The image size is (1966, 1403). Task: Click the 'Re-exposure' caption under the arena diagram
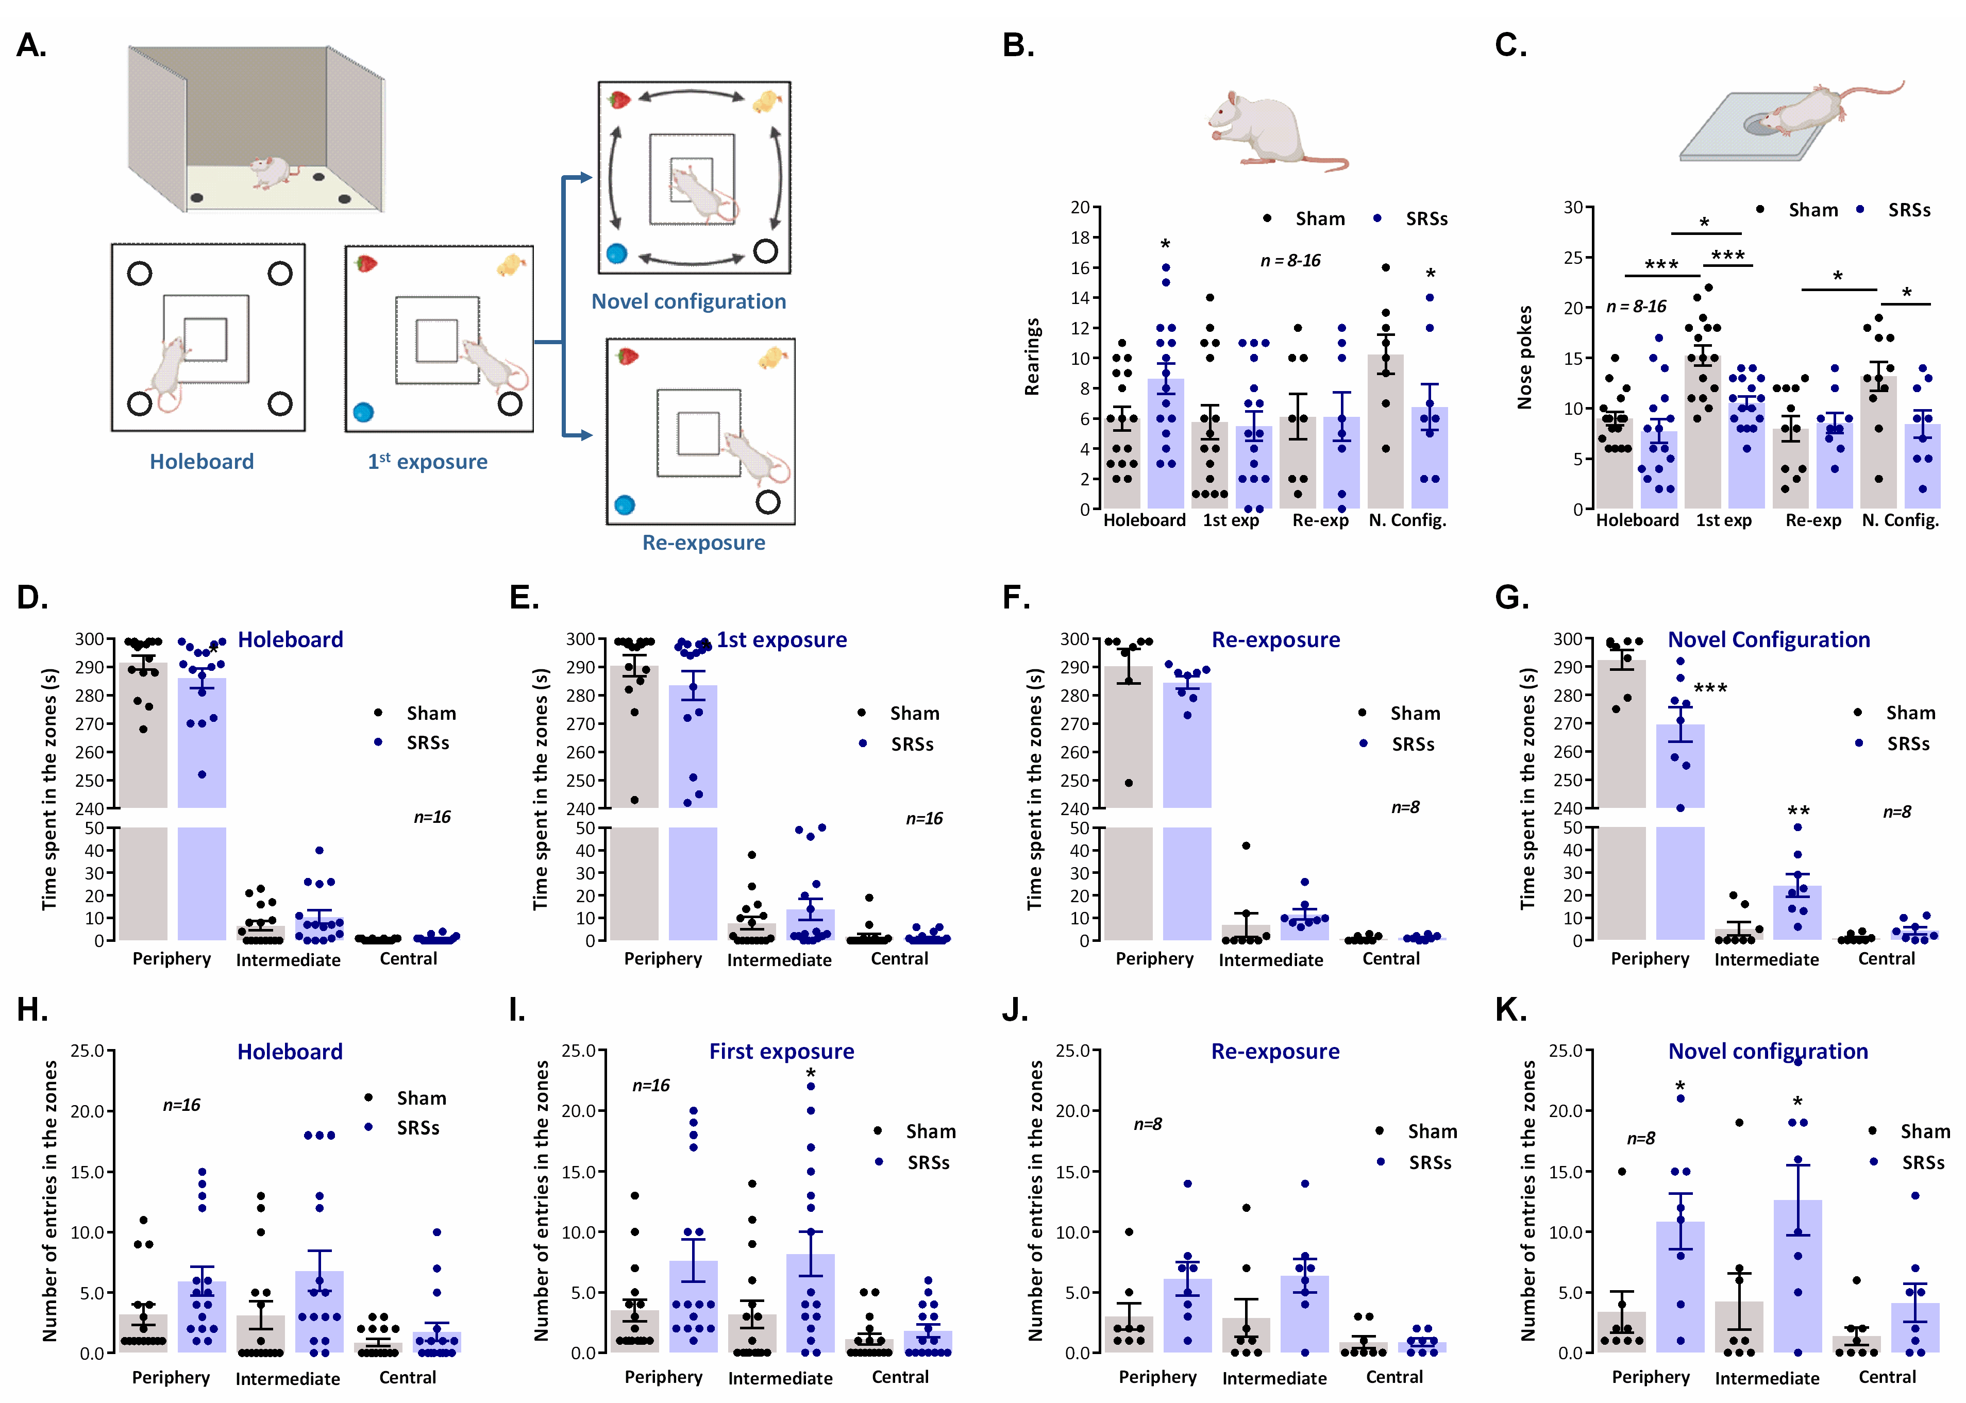click(x=703, y=543)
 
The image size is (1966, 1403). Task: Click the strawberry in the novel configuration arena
click(x=619, y=100)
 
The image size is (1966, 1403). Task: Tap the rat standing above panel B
click(x=1270, y=130)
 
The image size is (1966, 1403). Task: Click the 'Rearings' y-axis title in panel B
click(x=1032, y=357)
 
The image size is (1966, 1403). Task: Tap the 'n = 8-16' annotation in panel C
click(x=1636, y=307)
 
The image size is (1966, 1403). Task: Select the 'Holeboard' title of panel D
click(x=290, y=639)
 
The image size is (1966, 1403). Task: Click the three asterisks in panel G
click(x=1710, y=688)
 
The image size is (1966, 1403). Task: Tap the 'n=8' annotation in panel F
click(x=1405, y=807)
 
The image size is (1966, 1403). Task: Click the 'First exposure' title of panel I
click(x=781, y=1052)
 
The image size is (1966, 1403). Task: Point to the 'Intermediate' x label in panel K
click(x=1767, y=1378)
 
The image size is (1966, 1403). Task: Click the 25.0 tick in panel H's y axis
click(x=87, y=1052)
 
